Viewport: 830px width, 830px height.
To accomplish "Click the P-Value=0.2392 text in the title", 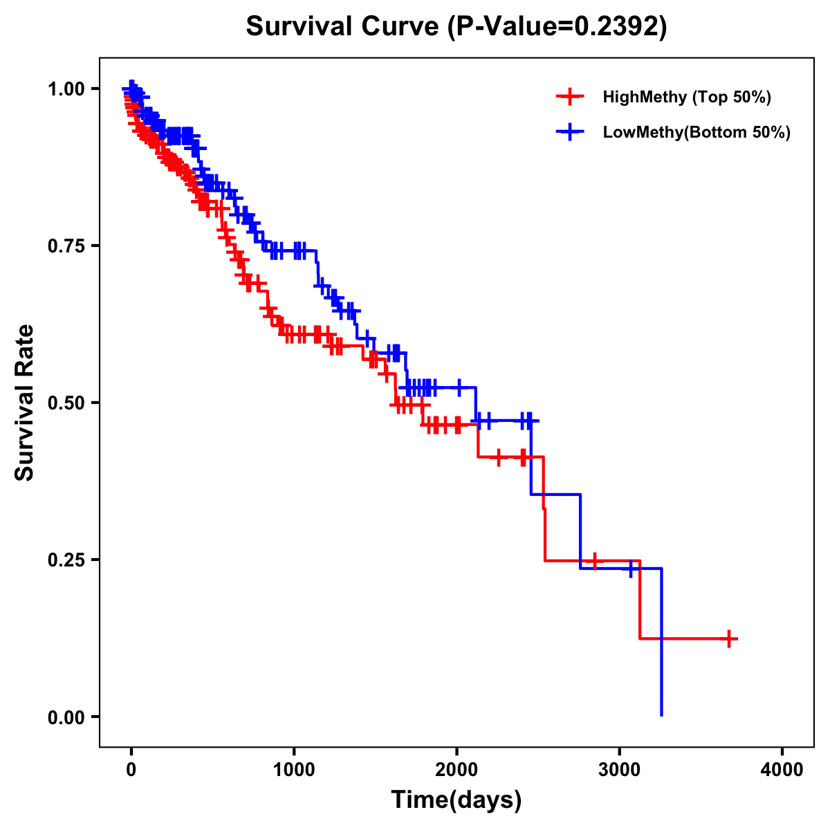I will tap(557, 27).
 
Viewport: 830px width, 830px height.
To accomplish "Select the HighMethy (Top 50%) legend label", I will tap(686, 97).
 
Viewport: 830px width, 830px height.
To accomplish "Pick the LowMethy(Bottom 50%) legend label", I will tap(697, 132).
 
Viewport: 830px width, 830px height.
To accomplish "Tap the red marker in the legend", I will tap(569, 97).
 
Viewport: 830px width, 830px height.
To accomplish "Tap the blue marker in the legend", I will tap(569, 132).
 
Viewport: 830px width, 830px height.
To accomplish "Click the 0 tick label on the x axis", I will tap(131, 769).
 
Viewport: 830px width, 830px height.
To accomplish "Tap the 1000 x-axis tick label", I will tap(294, 769).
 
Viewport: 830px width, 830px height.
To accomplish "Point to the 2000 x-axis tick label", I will tap(456, 769).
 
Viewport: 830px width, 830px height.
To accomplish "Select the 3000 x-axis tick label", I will tap(620, 769).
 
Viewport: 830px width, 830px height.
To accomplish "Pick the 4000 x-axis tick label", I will tap(782, 769).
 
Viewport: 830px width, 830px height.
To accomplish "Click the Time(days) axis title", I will tap(456, 800).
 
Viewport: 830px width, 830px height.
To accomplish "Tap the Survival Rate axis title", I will tap(25, 403).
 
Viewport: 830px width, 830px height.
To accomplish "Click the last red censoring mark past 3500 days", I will tap(729, 638).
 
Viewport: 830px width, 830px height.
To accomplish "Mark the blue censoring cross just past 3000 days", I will tap(631, 569).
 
